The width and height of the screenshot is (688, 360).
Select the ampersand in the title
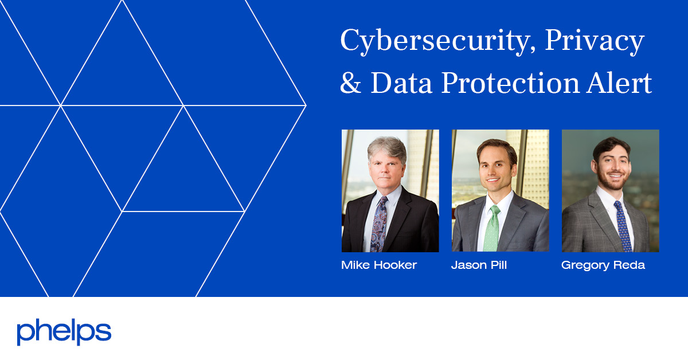[351, 84]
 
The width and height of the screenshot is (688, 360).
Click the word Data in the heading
[401, 84]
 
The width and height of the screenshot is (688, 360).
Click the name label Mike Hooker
[379, 265]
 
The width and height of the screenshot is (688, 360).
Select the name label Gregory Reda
[603, 265]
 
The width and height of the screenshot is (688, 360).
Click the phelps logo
[64, 332]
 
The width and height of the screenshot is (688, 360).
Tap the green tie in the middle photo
[492, 229]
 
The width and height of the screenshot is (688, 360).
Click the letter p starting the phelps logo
[24, 334]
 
